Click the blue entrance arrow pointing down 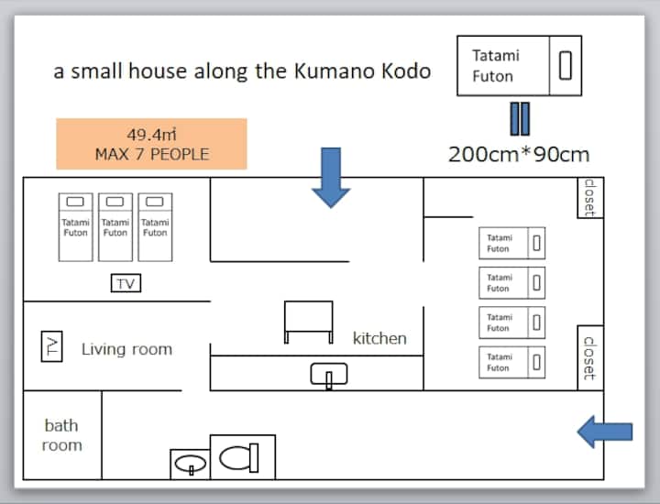tap(331, 176)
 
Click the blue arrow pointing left tap(605, 430)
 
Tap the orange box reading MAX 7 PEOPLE tap(151, 144)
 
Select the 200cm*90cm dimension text tap(518, 154)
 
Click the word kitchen tap(379, 338)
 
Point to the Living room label tap(126, 349)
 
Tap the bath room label tap(61, 435)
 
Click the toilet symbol tap(243, 455)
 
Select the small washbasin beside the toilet tap(190, 464)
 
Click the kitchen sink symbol tap(329, 374)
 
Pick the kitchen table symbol tap(308, 322)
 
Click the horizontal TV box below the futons tap(126, 284)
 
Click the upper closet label tap(590, 196)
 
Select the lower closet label tap(590, 357)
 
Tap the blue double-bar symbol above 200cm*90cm tap(520, 118)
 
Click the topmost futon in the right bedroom tap(511, 243)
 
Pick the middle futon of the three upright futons tap(115, 226)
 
